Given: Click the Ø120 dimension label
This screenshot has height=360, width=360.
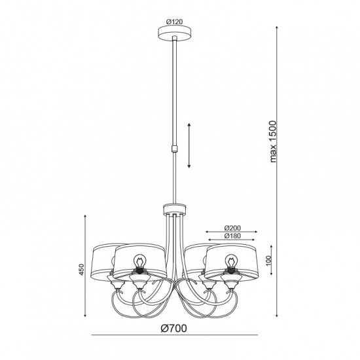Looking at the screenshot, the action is [175, 22].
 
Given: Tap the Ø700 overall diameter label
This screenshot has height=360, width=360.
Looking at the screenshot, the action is [174, 329].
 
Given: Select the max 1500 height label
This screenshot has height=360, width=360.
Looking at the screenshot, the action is [273, 141].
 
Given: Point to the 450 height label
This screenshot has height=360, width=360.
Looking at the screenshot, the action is [81, 270].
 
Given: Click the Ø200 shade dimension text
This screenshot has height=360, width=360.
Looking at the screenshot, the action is [232, 228].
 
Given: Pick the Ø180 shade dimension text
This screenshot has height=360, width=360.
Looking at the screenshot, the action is [232, 236].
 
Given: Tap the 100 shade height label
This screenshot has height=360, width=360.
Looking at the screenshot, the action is [268, 260].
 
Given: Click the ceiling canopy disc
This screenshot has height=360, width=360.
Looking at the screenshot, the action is [175, 34].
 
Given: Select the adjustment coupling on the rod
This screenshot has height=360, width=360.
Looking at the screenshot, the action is [175, 148].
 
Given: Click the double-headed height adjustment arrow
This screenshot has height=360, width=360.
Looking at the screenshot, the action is [189, 145].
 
